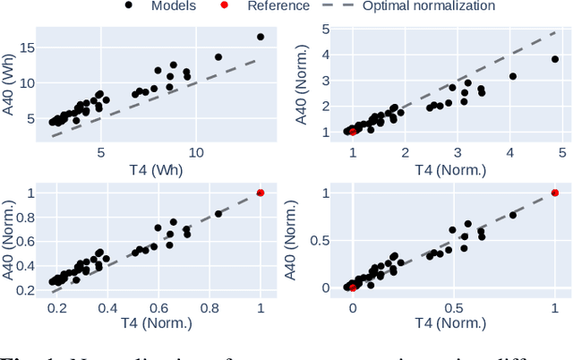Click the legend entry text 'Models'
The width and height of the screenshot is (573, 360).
tap(174, 6)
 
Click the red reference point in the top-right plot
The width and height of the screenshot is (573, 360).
tap(352, 132)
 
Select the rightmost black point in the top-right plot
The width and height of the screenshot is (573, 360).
tap(555, 59)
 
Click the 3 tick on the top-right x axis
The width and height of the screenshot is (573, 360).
tap(458, 150)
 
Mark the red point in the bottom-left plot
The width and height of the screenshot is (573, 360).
tap(261, 193)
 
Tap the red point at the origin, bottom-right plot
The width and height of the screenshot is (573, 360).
tap(352, 287)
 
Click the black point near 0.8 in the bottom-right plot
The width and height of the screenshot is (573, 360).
tap(513, 215)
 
